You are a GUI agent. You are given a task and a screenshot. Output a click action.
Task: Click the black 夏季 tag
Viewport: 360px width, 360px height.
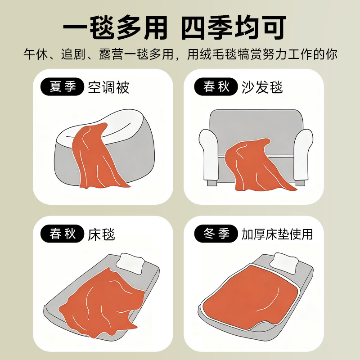click(x=62, y=86)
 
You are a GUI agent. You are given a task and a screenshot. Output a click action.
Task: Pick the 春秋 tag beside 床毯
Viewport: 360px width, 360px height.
click(x=62, y=234)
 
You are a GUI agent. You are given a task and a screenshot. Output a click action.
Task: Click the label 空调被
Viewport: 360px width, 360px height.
click(x=108, y=87)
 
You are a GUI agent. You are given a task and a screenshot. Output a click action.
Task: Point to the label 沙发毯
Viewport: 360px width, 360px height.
click(x=262, y=87)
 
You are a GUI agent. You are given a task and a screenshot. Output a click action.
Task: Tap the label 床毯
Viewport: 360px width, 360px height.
click(x=102, y=234)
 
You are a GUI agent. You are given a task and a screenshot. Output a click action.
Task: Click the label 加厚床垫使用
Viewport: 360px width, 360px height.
click(x=277, y=234)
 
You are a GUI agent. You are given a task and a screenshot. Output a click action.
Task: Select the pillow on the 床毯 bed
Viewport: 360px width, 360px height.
click(x=130, y=263)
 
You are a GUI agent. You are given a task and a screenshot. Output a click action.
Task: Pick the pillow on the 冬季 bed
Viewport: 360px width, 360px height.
click(x=285, y=262)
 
